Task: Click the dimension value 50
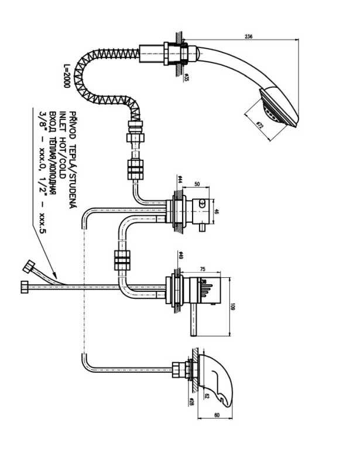198,184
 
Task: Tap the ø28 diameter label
191,401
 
